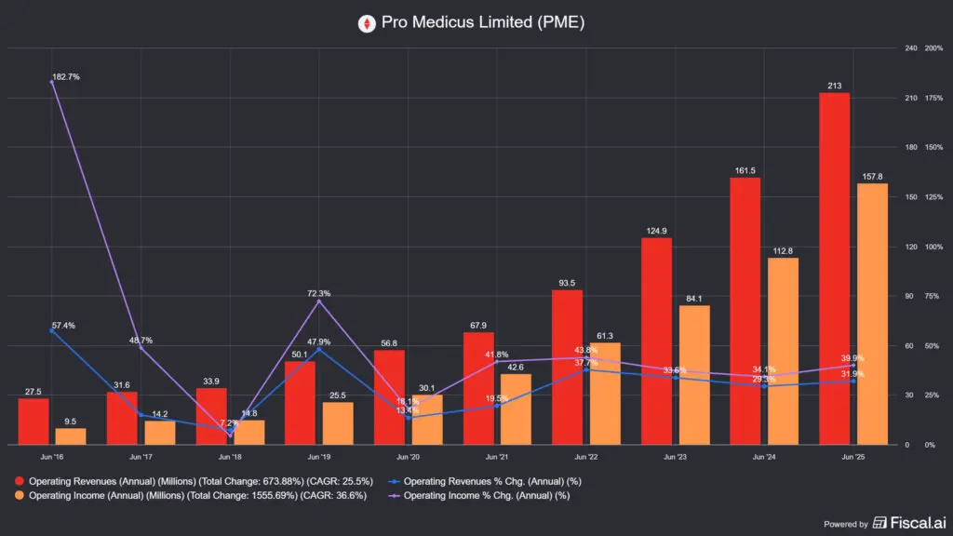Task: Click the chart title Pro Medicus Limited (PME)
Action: click(x=483, y=23)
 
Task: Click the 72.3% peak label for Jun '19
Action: click(x=318, y=293)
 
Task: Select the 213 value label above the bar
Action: click(x=834, y=86)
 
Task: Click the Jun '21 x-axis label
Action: click(x=497, y=457)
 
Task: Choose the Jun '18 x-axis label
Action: click(x=229, y=457)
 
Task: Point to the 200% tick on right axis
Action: click(x=933, y=48)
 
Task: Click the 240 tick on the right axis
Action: click(x=910, y=48)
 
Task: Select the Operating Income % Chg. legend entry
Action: click(x=489, y=496)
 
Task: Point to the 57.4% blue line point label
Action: click(x=64, y=326)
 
